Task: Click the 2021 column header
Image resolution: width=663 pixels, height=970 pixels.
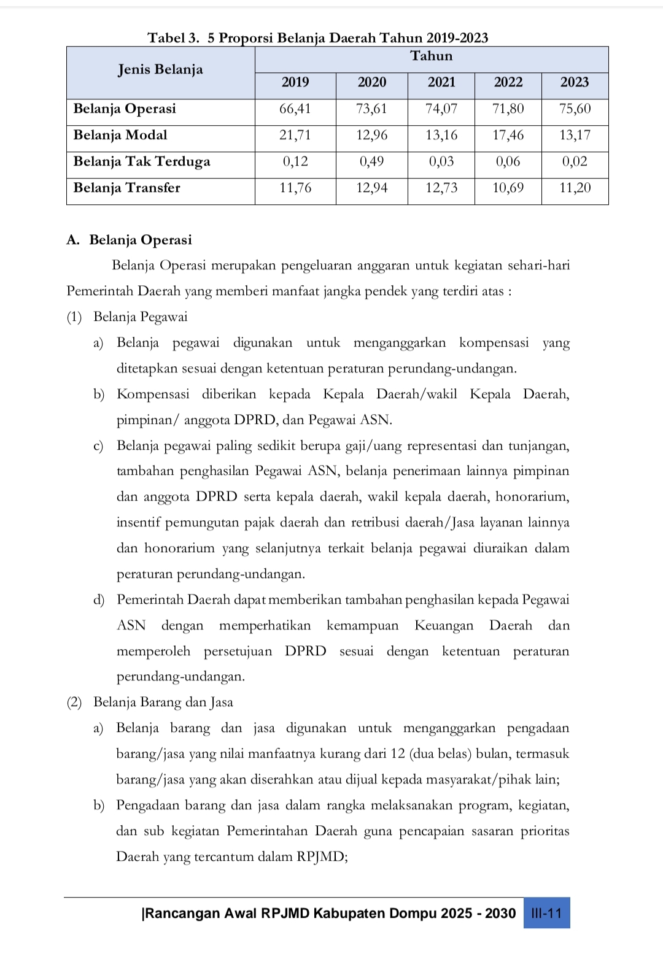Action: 441,82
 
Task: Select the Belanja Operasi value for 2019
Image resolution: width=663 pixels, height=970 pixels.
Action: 295,109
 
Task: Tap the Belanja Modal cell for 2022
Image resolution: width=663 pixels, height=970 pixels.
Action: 508,135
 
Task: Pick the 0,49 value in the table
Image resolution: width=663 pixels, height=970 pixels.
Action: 372,161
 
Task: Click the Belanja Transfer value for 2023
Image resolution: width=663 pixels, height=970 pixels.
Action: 575,188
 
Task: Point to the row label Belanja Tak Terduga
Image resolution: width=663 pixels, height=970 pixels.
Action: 142,161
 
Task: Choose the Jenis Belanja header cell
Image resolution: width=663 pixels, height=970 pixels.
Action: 160,69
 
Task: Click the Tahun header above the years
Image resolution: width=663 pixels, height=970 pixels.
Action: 432,56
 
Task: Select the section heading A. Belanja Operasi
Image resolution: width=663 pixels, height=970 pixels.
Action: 130,240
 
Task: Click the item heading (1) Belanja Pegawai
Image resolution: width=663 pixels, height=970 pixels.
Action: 127,317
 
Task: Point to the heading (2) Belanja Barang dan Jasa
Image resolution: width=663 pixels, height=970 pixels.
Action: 150,702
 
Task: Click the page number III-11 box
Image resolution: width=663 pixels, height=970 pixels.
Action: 546,913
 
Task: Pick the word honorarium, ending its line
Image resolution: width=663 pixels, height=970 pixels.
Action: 532,496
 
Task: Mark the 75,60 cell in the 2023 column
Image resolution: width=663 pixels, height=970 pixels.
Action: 575,109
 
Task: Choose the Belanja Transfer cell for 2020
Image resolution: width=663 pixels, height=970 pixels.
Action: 372,188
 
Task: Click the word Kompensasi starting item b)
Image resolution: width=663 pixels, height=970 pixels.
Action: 153,395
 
